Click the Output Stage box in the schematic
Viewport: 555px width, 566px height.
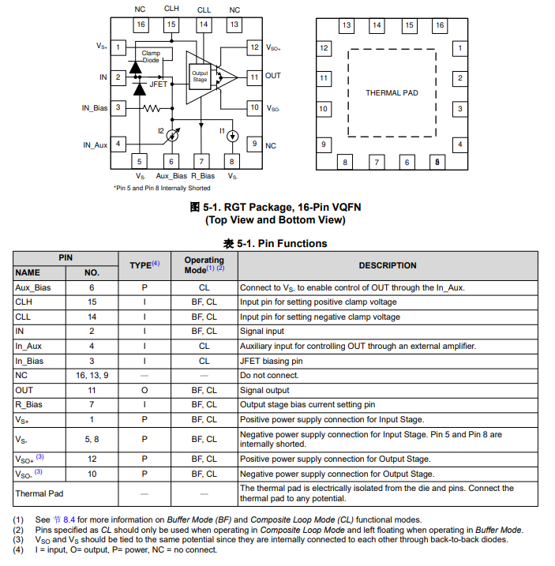pos(200,77)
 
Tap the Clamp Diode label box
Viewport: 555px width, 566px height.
pos(150,57)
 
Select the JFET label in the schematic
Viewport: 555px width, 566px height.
pos(159,84)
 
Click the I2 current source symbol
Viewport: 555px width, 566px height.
pos(173,135)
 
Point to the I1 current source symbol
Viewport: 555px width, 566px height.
pos(232,135)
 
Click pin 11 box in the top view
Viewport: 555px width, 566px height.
pos(253,77)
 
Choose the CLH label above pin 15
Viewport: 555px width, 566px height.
pos(171,9)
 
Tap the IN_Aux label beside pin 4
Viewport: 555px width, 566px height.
pos(95,145)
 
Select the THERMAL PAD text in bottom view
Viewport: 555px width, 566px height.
pos(392,93)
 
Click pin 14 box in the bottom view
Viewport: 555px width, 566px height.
pos(377,25)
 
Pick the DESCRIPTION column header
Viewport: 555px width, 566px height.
pos(388,265)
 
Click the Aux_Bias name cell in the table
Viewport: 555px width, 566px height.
pos(33,288)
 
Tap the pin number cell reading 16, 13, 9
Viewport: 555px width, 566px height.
pos(92,376)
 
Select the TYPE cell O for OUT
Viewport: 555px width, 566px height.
pos(144,390)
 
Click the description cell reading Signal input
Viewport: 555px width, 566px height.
pos(262,332)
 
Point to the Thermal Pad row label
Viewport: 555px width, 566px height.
pos(39,493)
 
